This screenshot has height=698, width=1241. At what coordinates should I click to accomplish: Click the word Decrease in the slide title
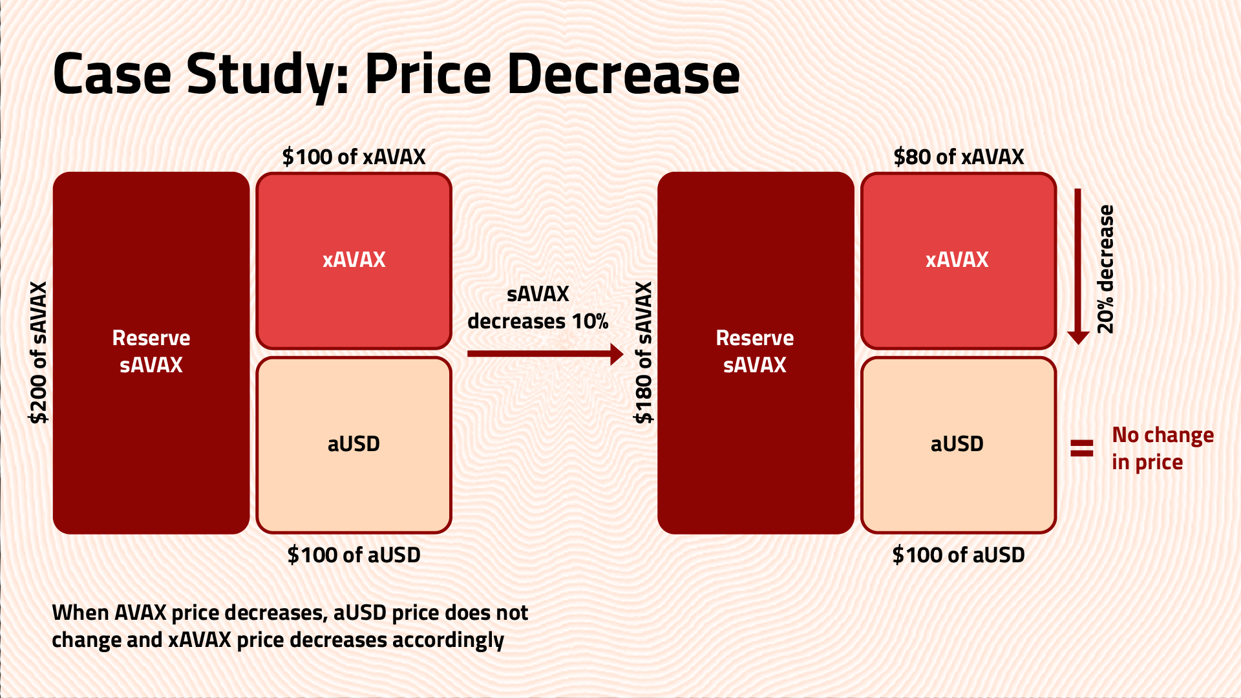[623, 74]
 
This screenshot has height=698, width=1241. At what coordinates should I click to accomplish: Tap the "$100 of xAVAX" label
[354, 156]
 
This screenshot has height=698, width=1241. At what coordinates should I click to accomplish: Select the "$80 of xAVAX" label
[959, 156]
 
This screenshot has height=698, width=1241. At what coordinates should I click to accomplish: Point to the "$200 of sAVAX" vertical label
[39, 352]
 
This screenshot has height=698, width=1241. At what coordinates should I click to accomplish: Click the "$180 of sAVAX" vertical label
[644, 352]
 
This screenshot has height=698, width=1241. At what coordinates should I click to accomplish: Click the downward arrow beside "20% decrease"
[1077, 265]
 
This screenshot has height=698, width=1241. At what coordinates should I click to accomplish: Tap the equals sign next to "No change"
[1082, 448]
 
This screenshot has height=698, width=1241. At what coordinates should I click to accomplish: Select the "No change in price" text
[1162, 449]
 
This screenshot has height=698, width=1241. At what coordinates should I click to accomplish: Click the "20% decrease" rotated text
[1106, 269]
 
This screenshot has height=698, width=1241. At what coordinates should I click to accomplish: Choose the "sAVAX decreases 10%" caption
[538, 308]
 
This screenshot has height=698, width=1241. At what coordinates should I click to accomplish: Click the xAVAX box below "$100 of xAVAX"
[354, 260]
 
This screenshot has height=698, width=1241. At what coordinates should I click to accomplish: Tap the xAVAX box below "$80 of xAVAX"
[958, 260]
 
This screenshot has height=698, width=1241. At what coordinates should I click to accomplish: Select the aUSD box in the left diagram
[354, 445]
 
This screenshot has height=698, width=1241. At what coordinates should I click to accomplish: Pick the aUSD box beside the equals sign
[958, 445]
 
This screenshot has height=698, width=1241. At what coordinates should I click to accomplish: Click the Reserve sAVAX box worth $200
[151, 352]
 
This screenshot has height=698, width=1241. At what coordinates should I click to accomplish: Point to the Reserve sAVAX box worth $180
[755, 352]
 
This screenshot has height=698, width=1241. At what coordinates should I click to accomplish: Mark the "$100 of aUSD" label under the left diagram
[354, 555]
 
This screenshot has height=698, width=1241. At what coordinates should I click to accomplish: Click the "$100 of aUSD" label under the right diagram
[959, 555]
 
